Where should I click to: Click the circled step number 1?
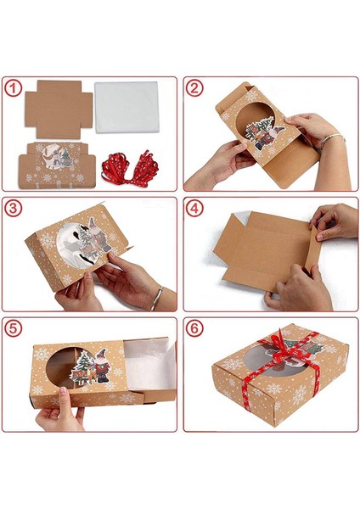tap(12, 87)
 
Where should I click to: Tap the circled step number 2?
tap(194, 87)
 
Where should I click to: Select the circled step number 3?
tap(12, 209)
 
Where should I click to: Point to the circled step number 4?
tap(194, 209)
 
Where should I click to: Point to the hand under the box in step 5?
tap(59, 416)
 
